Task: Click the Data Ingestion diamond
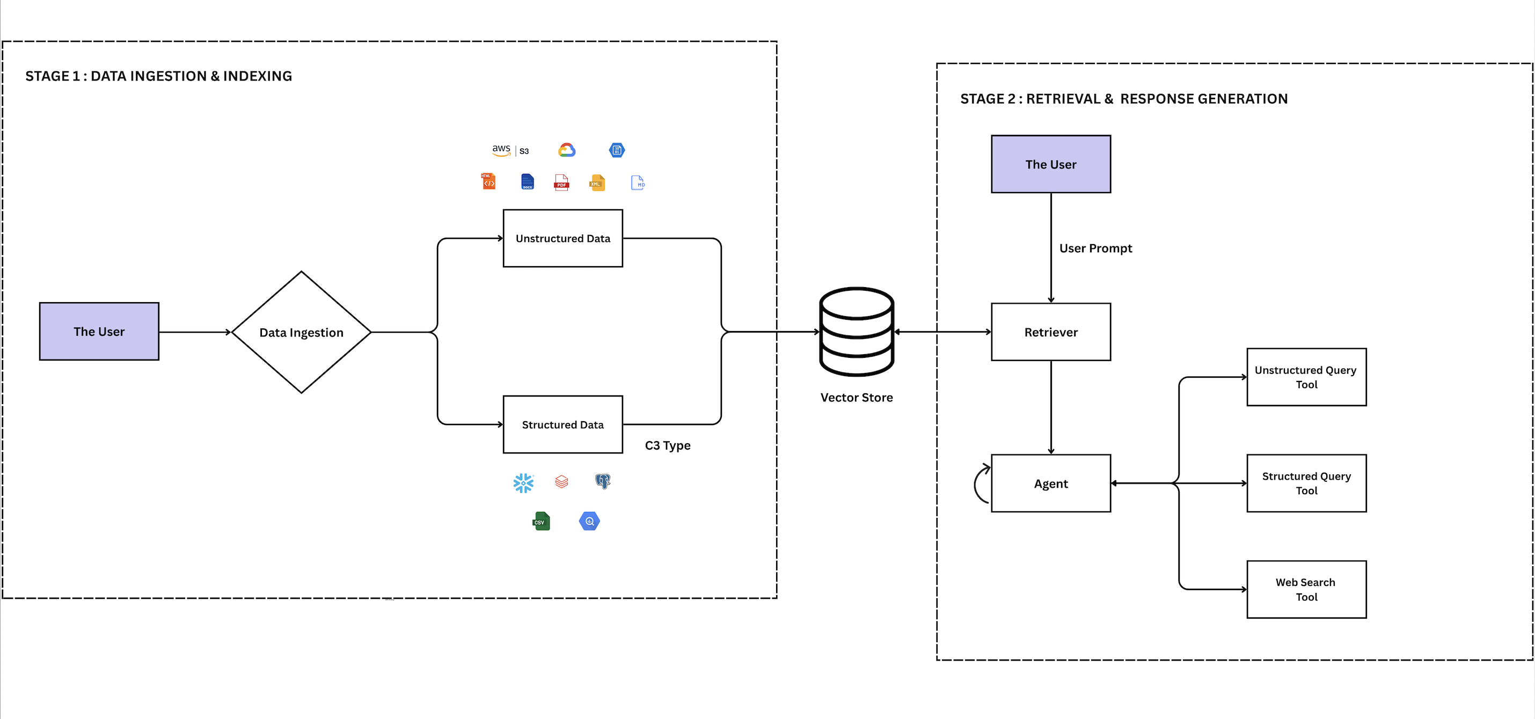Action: click(x=301, y=332)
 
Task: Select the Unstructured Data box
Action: click(x=562, y=238)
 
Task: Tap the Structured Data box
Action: click(x=562, y=424)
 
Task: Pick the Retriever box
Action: click(x=1050, y=332)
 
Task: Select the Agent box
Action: click(x=1050, y=483)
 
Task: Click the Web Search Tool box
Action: click(x=1306, y=589)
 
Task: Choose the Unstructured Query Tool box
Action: click(x=1306, y=377)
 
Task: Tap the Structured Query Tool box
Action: click(x=1306, y=483)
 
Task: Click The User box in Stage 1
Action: click(x=99, y=331)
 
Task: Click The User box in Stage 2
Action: click(x=1050, y=164)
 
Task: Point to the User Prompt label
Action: click(x=1095, y=248)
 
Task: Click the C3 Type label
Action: click(x=667, y=445)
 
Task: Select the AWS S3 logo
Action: click(x=510, y=150)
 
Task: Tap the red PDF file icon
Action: click(x=561, y=182)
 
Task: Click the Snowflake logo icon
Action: click(x=523, y=482)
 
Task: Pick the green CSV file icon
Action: click(x=541, y=521)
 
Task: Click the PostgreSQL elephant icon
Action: click(x=602, y=481)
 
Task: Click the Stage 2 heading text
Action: click(x=1123, y=98)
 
